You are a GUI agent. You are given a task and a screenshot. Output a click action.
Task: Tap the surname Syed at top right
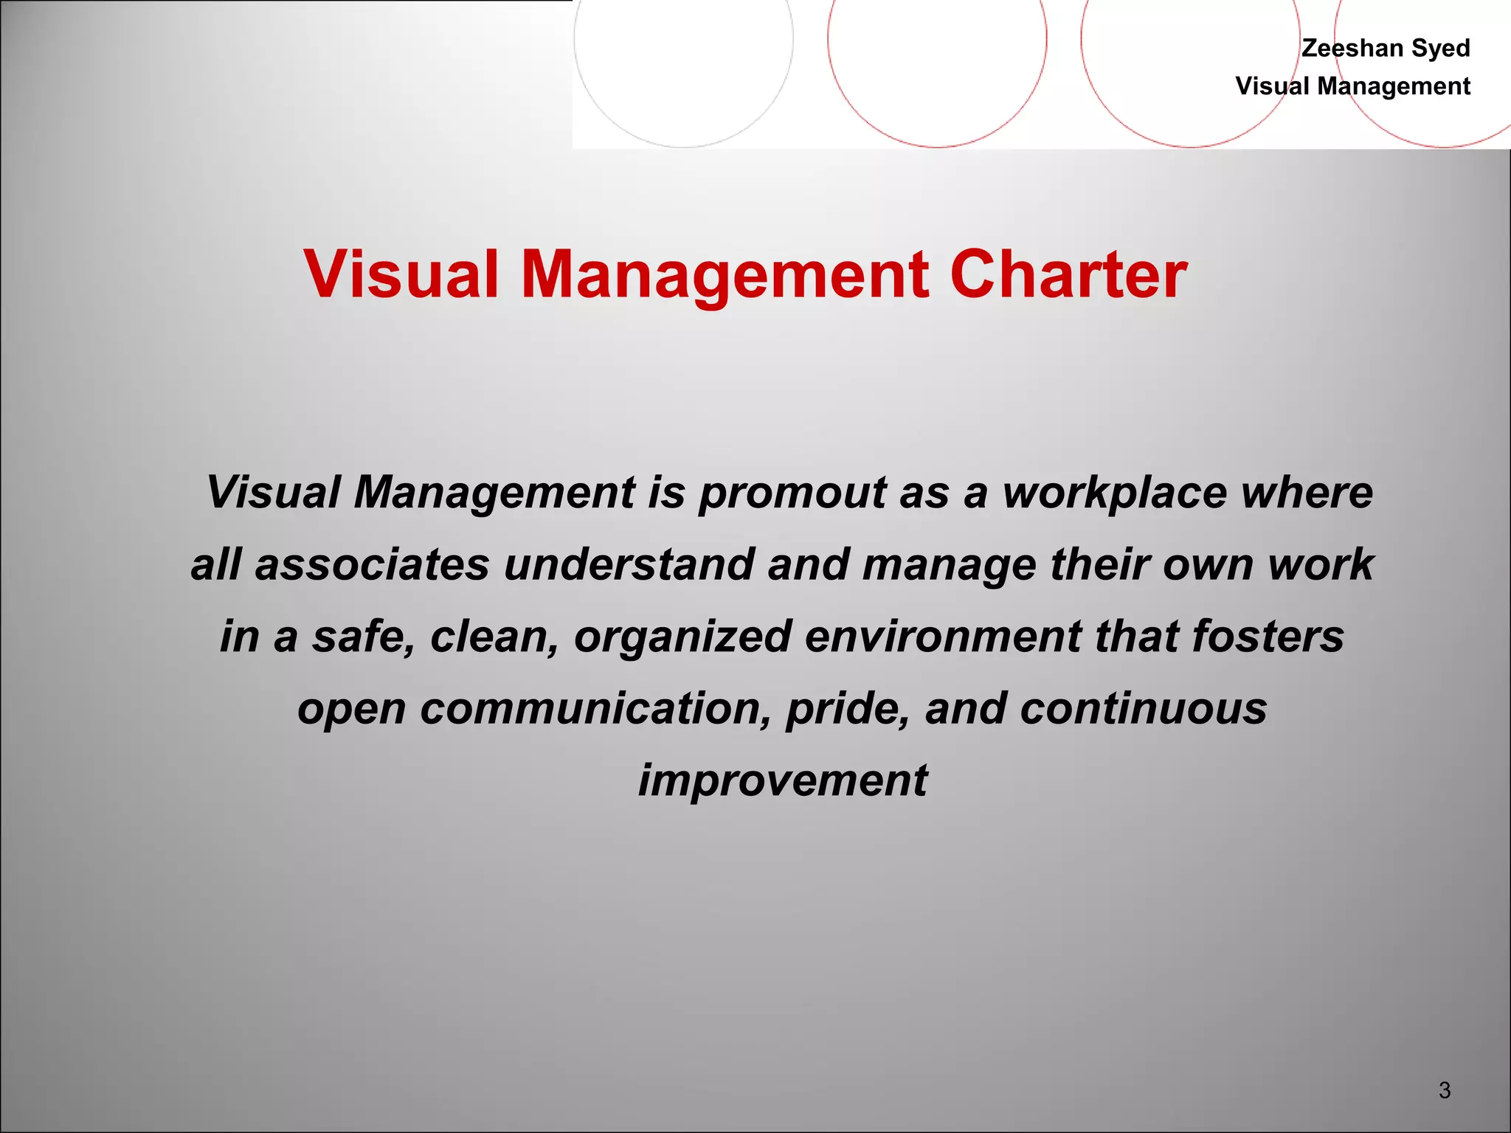click(x=1440, y=49)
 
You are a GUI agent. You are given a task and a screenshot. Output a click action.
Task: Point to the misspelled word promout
click(x=792, y=493)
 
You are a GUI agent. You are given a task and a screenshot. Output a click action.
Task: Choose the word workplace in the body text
click(x=1114, y=492)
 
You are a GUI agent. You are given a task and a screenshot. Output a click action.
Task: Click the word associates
click(x=373, y=564)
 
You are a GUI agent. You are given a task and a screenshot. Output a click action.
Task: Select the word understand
click(x=629, y=564)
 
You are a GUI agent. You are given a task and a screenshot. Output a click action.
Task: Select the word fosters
click(x=1268, y=637)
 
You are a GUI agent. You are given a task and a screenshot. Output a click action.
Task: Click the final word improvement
click(x=783, y=780)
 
